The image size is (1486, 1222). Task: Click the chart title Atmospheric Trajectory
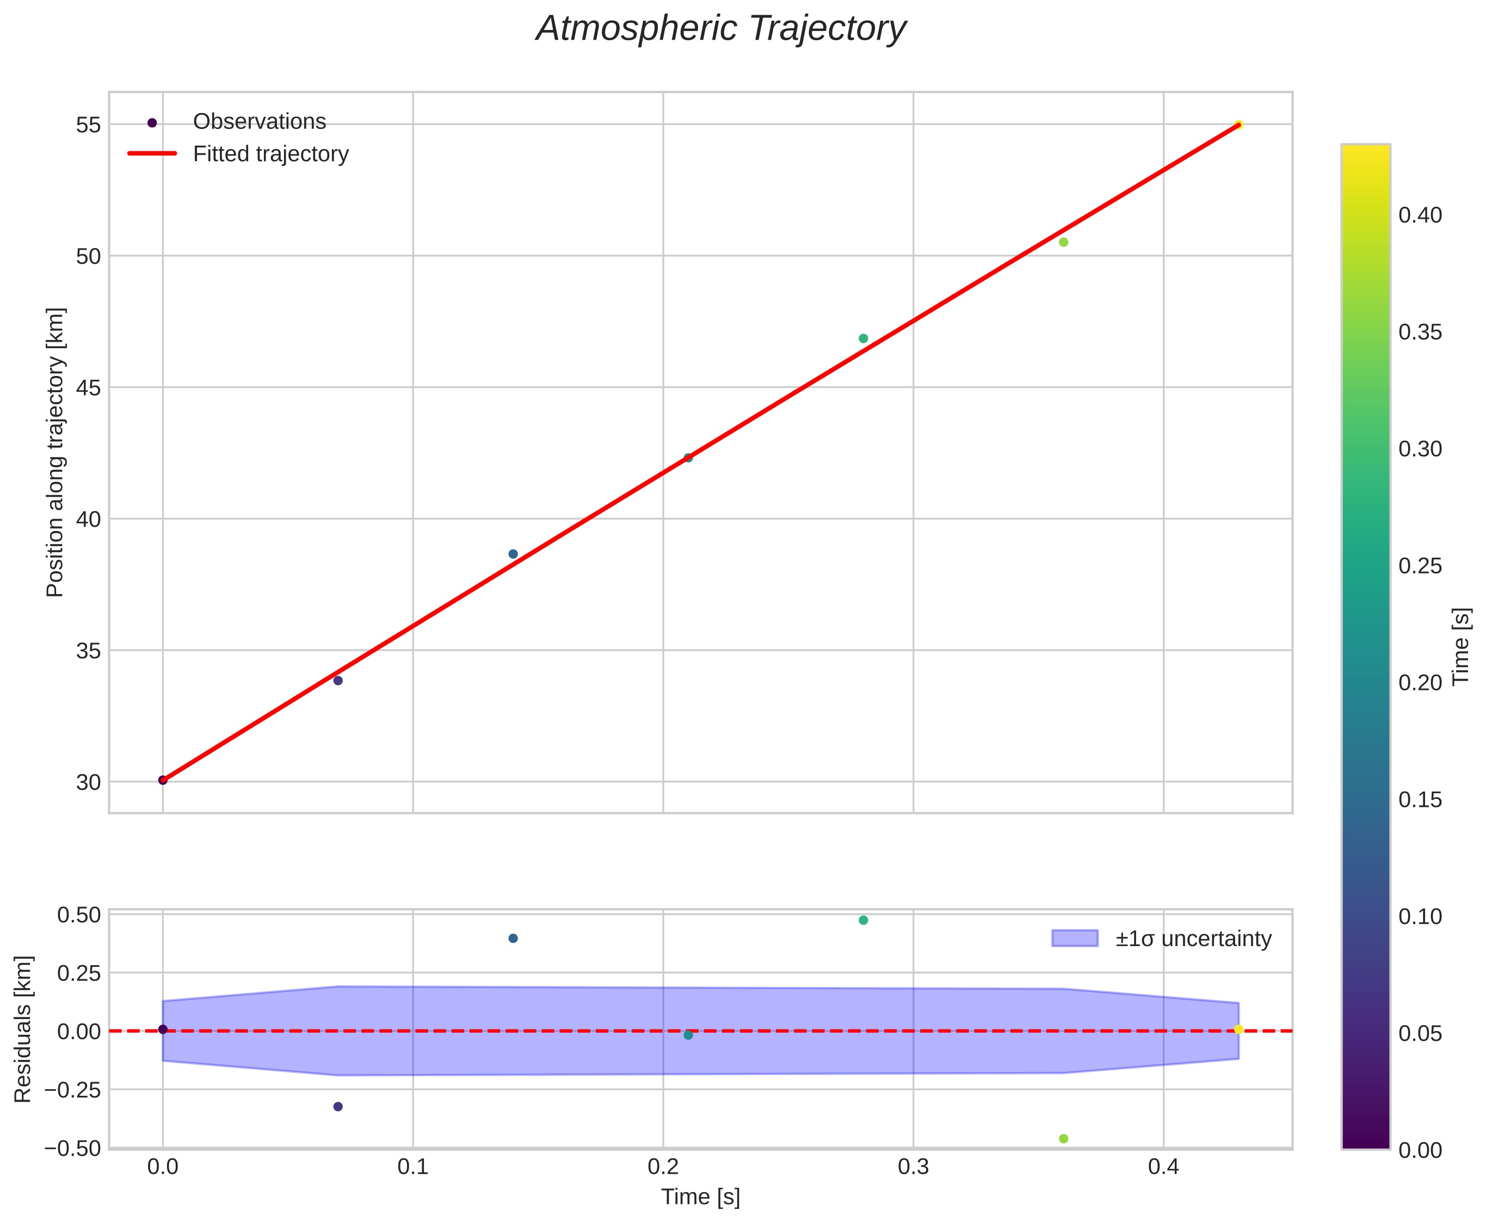(721, 29)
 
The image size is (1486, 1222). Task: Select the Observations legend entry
(259, 122)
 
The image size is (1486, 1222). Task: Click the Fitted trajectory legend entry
(270, 154)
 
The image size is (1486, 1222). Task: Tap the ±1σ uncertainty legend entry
(1193, 939)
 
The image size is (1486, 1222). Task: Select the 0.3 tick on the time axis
(913, 1167)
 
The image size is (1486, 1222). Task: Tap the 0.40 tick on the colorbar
(1420, 215)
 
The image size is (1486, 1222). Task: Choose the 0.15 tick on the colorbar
(1420, 800)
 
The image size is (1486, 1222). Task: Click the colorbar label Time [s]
(1462, 646)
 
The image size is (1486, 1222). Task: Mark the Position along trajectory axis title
(55, 452)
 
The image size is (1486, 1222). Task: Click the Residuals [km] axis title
(23, 1029)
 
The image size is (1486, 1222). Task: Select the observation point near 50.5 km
(1063, 242)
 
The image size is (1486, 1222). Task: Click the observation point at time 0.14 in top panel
(513, 554)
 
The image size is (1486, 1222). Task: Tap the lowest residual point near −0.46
(1063, 1139)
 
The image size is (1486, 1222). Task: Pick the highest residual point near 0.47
(863, 920)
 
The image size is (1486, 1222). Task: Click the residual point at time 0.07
(338, 1107)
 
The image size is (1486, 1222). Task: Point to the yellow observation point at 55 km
(1238, 125)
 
